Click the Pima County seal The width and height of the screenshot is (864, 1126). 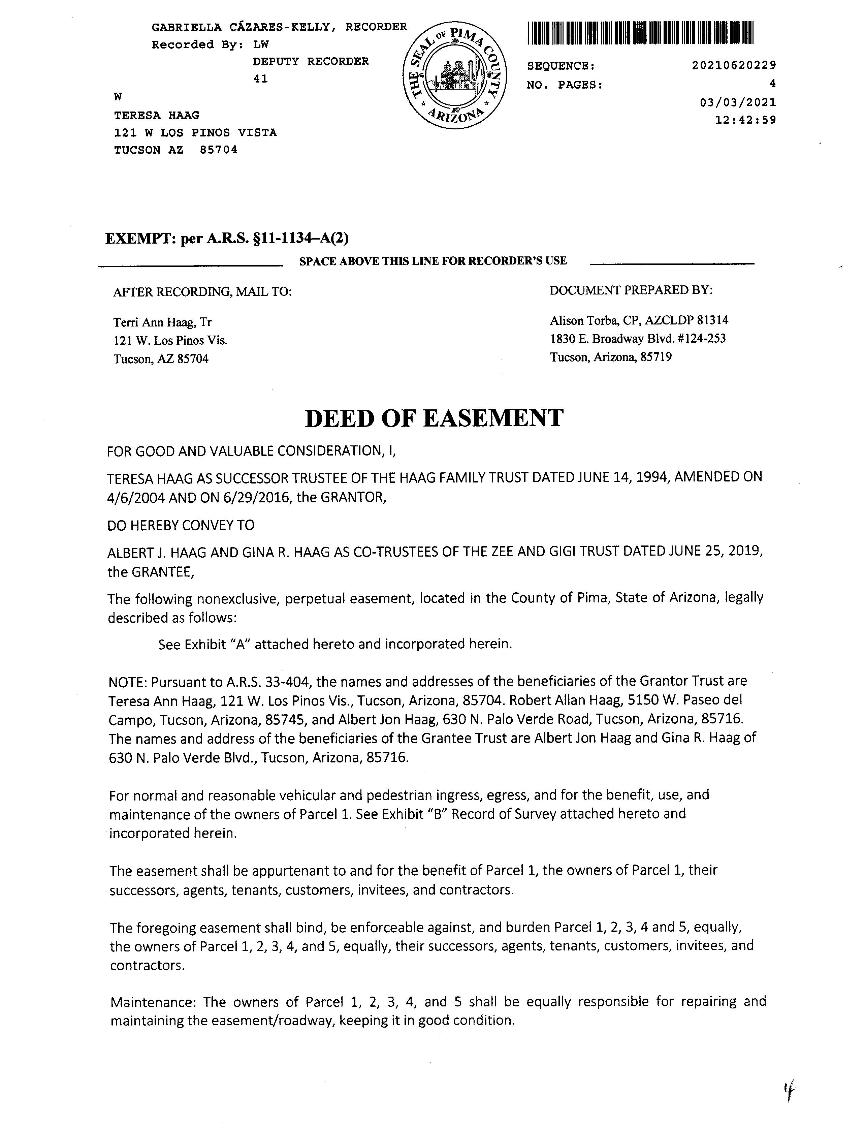coord(455,75)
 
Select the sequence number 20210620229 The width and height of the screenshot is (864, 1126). coord(734,65)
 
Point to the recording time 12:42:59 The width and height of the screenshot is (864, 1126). coord(746,120)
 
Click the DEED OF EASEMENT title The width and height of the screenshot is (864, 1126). coord(434,418)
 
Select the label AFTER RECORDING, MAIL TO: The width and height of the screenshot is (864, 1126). coord(203,292)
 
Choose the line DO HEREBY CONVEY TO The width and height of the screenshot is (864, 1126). coord(181,525)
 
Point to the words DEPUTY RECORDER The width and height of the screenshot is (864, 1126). coord(311,62)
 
